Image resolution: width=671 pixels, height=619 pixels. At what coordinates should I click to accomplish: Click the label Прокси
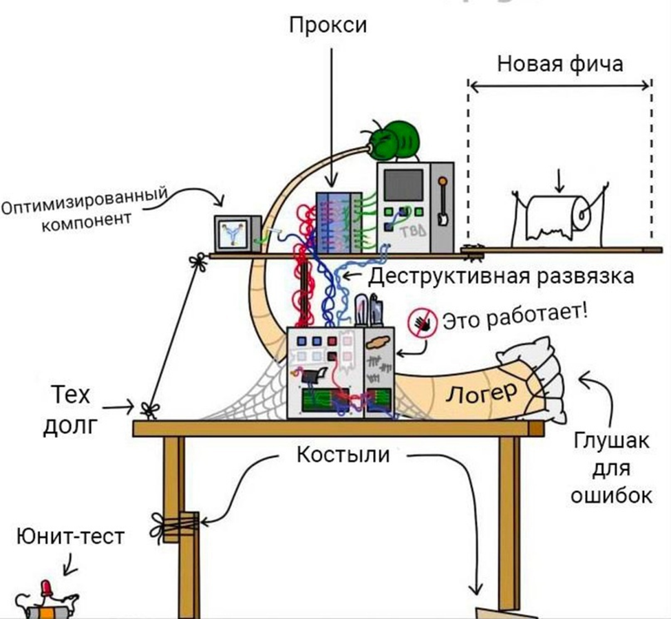[x=328, y=25]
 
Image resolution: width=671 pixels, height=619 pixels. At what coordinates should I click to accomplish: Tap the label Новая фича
[x=560, y=64]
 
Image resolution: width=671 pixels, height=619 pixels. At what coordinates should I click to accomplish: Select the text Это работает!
[x=515, y=317]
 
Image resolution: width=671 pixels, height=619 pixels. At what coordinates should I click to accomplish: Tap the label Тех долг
[x=72, y=409]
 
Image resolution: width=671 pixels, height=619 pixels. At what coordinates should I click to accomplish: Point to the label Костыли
[x=343, y=454]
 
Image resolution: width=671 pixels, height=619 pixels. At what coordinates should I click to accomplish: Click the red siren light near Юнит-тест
[x=47, y=588]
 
